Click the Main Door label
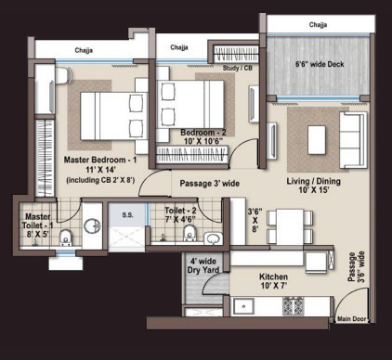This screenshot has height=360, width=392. pyautogui.click(x=351, y=319)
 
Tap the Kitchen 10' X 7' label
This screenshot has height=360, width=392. pyautogui.click(x=274, y=281)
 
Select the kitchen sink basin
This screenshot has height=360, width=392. pyautogui.click(x=244, y=306)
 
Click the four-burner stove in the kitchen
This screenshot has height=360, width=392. pyautogui.click(x=294, y=306)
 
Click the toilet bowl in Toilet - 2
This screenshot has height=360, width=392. pyautogui.click(x=189, y=233)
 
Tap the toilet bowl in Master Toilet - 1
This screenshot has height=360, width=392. pyautogui.click(x=65, y=238)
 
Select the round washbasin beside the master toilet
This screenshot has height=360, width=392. pyautogui.click(x=92, y=225)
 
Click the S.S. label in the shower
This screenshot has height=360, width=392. pyautogui.click(x=127, y=214)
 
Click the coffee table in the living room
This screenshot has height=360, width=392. pyautogui.click(x=317, y=140)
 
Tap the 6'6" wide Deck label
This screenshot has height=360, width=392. pyautogui.click(x=320, y=64)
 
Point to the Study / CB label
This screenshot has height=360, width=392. pyautogui.click(x=238, y=68)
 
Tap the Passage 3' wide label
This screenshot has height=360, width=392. pyautogui.click(x=210, y=184)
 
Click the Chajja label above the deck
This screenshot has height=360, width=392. pyautogui.click(x=318, y=25)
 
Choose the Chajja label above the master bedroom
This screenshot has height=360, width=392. pyautogui.click(x=84, y=50)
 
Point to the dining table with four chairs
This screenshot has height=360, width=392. pyautogui.click(x=290, y=227)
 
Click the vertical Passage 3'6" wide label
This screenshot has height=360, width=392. pyautogui.click(x=356, y=266)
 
